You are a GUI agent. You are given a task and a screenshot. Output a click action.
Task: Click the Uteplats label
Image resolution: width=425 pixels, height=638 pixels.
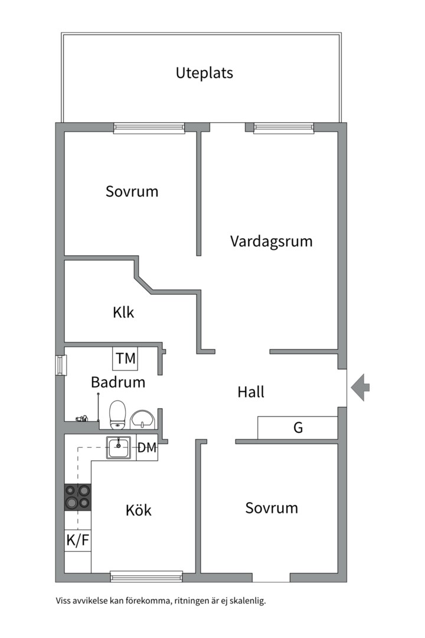coord(204,73)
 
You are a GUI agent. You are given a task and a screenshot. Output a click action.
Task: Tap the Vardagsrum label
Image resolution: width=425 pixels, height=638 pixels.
coord(271,242)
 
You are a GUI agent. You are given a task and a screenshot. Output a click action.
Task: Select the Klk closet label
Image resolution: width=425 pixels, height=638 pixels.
coord(123,312)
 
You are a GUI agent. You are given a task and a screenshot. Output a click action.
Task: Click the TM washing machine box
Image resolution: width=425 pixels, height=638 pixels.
coord(125,358)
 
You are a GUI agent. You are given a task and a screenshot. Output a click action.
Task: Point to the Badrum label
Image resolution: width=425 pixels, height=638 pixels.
coord(118,382)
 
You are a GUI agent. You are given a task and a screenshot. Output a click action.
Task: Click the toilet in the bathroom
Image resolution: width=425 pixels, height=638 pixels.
coord(118,413)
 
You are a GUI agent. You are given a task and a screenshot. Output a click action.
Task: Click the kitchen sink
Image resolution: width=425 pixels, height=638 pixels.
coord(120,447)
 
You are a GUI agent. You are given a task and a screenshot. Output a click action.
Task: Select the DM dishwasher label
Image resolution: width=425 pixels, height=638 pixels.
coord(147,448)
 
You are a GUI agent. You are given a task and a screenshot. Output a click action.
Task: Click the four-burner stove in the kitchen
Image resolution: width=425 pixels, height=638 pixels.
coord(78,496)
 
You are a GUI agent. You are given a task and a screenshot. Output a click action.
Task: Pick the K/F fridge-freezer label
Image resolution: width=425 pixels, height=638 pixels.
coord(77,540)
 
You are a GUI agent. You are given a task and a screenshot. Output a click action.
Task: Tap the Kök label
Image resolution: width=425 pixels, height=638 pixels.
coord(138,510)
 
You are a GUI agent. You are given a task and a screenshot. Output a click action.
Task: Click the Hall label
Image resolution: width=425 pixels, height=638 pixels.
coord(250,392)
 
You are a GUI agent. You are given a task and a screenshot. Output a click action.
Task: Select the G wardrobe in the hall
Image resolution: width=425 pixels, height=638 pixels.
coord(297,428)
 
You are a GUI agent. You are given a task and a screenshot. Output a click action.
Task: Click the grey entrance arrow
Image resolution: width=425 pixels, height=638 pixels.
coord(361,388)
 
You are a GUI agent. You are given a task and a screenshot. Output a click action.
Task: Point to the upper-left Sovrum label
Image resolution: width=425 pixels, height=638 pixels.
coord(132,191)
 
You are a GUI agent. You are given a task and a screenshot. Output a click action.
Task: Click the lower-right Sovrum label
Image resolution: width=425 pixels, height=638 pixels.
coord(272,508)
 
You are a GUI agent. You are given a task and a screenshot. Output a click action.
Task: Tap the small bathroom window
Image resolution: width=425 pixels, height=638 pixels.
coord(60,364)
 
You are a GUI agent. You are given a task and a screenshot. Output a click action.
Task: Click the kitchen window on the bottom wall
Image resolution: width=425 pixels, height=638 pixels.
coord(146,576)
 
